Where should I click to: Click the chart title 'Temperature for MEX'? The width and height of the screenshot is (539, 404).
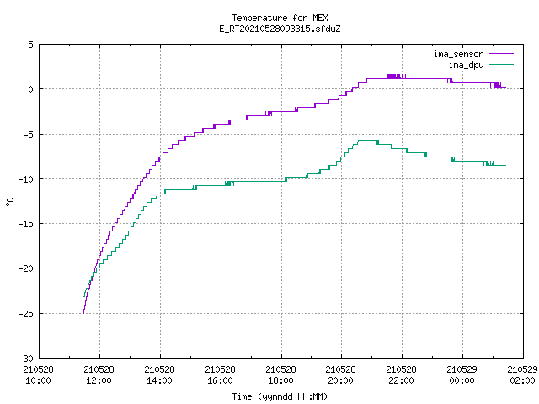point(280,18)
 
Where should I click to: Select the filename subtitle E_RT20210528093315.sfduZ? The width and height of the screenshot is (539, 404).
point(280,29)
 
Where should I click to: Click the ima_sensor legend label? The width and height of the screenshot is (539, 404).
point(458,54)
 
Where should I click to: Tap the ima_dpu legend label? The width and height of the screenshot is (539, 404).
point(466,65)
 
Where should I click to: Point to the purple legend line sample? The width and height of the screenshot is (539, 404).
point(502,54)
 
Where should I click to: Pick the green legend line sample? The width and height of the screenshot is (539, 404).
point(502,64)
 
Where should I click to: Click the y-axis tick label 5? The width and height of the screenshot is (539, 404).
point(31,45)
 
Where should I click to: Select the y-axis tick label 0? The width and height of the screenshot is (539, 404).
point(31,89)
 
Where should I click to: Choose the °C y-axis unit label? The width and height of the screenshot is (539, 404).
point(9,202)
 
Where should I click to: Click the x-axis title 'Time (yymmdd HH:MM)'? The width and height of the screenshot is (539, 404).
point(280,396)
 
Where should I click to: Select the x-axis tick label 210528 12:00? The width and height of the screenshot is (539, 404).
point(99,375)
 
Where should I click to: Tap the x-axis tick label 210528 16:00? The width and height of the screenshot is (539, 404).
point(221,375)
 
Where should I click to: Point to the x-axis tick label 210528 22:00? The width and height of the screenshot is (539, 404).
point(402,375)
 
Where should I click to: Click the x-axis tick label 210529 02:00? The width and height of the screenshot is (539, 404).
point(522,375)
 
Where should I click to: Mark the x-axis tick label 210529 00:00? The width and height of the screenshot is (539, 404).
point(462,375)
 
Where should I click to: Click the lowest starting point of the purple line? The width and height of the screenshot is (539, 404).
point(83,322)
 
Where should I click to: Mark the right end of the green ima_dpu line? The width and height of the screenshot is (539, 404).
point(505,166)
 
